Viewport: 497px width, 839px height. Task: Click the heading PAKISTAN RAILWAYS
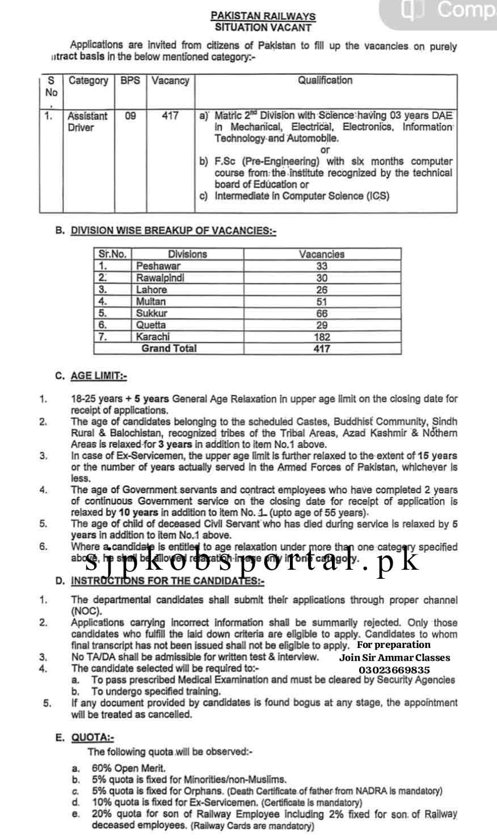point(263,17)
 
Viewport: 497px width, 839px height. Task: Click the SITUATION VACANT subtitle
point(263,27)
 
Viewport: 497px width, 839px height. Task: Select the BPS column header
point(130,80)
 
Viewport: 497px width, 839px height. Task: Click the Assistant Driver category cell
point(87,121)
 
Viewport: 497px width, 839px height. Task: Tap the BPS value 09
point(130,116)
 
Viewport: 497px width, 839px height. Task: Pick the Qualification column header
point(325,80)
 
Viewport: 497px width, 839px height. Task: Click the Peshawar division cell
point(158,266)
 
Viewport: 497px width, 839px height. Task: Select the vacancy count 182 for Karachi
point(322,337)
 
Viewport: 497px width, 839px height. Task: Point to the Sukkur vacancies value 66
point(322,313)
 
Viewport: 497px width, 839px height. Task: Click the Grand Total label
point(169,348)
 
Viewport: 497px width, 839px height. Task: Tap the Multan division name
point(151,302)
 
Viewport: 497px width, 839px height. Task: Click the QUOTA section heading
point(92,738)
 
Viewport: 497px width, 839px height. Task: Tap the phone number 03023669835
point(394,669)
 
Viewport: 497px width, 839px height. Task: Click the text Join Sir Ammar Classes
point(394,658)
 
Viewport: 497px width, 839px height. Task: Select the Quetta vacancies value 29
point(322,325)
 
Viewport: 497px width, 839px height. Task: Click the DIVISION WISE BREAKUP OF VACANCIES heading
point(173,231)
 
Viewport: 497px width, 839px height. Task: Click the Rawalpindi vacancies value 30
point(322,278)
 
